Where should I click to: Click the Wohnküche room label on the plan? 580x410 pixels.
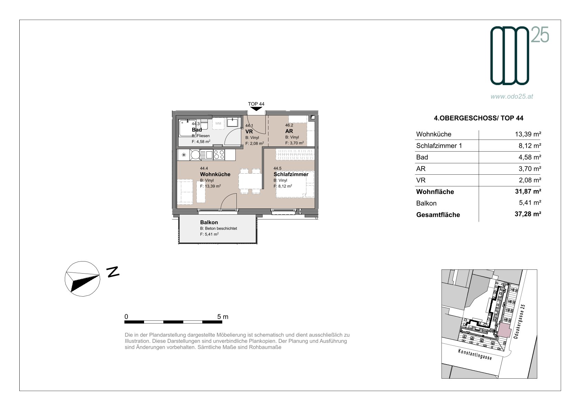(x=215, y=174)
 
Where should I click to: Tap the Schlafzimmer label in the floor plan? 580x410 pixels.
(x=291, y=174)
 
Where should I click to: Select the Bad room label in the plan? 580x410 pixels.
(x=197, y=130)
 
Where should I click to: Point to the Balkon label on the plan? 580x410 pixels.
(x=209, y=222)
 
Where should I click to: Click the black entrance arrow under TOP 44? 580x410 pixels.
(x=256, y=109)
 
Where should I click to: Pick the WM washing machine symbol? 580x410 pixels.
(x=218, y=123)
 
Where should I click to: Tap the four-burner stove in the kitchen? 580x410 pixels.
(x=219, y=155)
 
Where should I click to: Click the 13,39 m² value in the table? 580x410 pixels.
(x=528, y=134)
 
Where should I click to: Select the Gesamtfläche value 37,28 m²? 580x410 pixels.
(x=528, y=214)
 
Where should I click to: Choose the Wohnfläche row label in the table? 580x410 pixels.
(x=435, y=192)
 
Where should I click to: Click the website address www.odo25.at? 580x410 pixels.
(x=512, y=96)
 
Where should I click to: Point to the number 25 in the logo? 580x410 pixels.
(x=540, y=35)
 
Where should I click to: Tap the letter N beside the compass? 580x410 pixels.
(x=113, y=272)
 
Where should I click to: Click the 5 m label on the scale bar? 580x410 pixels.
(x=223, y=317)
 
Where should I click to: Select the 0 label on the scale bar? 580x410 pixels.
(x=126, y=317)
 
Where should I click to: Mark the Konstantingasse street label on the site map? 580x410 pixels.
(x=475, y=354)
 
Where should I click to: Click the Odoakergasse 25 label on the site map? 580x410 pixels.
(x=519, y=321)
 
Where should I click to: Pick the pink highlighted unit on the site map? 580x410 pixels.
(x=505, y=330)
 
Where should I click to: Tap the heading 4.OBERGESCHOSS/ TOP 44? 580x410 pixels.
(x=478, y=118)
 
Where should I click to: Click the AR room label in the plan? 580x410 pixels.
(x=289, y=131)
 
